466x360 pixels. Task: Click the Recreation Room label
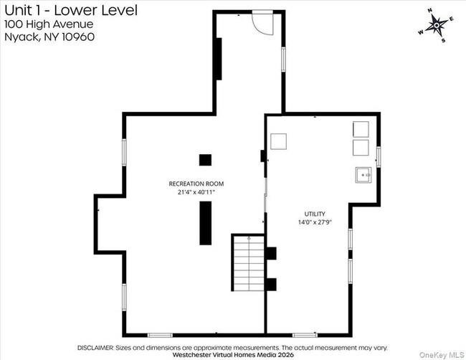[x=196, y=184]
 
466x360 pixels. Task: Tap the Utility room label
[x=315, y=214]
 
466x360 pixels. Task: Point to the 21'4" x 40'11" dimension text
[x=196, y=192]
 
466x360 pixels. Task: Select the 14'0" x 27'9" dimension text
[x=315, y=222]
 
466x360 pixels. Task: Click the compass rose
[x=437, y=26]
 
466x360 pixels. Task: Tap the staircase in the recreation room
[x=249, y=262]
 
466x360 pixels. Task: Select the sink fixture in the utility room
[x=363, y=175]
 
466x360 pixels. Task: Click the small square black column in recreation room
[x=205, y=160]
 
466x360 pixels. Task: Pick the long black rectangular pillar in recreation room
[x=205, y=223]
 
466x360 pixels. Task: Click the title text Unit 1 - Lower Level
[x=71, y=11]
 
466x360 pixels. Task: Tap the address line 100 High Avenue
[x=49, y=24]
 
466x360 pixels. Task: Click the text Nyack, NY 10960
[x=49, y=37]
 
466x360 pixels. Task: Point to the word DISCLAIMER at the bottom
[x=95, y=348]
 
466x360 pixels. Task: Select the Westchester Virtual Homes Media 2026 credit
[x=233, y=355]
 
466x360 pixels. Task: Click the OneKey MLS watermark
[x=442, y=355]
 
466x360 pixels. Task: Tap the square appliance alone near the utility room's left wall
[x=279, y=141]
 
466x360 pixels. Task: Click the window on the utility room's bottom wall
[x=305, y=335]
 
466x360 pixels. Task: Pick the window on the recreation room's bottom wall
[x=160, y=335]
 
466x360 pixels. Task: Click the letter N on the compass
[x=429, y=11]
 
